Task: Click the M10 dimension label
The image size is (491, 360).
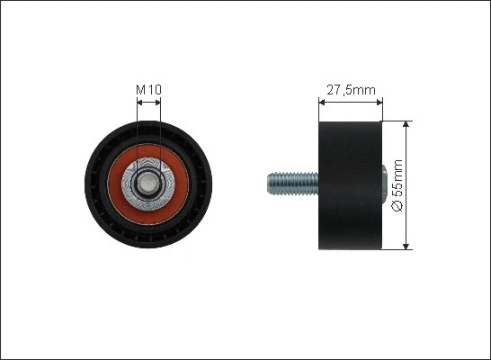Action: (x=148, y=90)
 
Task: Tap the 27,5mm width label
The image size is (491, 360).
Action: (x=351, y=90)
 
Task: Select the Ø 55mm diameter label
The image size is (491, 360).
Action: (x=397, y=185)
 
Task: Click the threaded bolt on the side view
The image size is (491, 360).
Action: (x=293, y=184)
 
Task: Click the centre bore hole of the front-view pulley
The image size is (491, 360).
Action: (x=148, y=184)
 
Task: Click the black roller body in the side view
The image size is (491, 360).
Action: (x=350, y=185)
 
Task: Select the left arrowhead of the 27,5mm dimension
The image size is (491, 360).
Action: (x=322, y=102)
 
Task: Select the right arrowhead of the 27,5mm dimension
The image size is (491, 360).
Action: (x=379, y=102)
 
